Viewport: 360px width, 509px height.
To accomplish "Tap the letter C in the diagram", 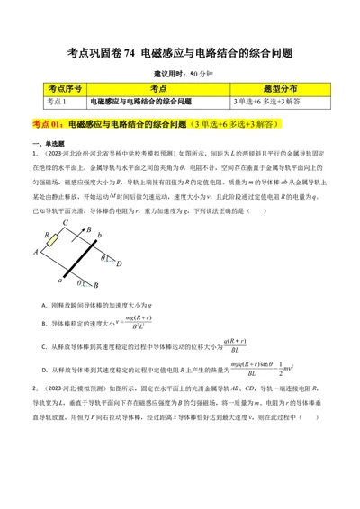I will pos(65,223).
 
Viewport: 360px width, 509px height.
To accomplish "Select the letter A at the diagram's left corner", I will pos(35,253).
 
